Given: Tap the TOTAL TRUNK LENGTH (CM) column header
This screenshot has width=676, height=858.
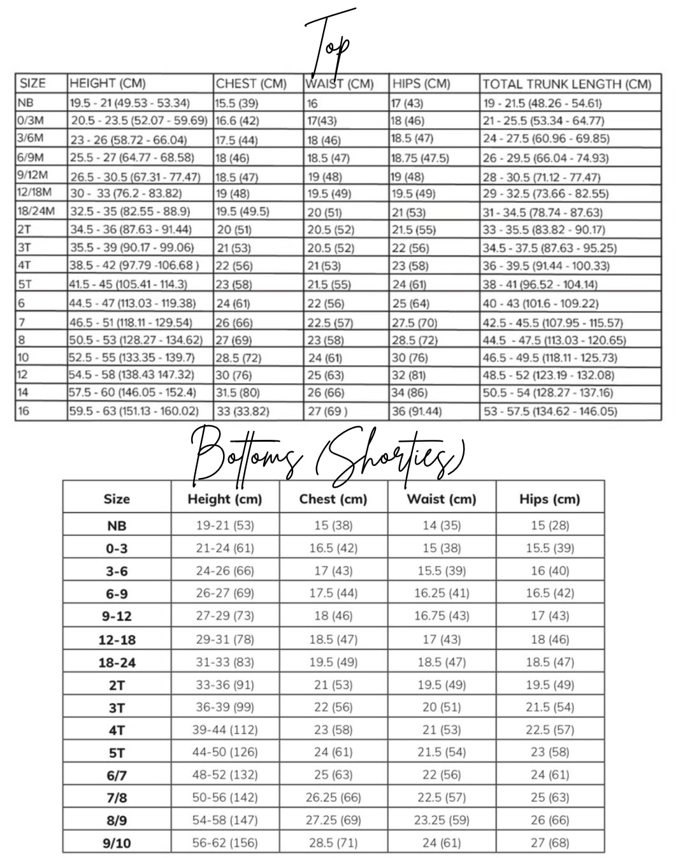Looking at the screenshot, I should click(x=567, y=84).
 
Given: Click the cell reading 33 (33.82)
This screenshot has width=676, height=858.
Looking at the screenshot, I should click(x=242, y=411).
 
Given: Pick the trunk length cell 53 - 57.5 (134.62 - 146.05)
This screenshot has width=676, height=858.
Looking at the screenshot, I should click(x=550, y=411).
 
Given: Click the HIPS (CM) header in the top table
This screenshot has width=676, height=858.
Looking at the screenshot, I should click(x=421, y=84).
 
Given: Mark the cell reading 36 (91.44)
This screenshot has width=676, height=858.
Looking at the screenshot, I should click(x=417, y=411).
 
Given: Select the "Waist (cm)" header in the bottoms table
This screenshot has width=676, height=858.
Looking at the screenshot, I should click(x=442, y=499).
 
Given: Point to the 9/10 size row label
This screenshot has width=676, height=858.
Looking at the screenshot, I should click(x=117, y=843).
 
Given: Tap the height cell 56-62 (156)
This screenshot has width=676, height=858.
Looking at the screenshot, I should click(x=225, y=843).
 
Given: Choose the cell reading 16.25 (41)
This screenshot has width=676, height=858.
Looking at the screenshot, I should click(x=442, y=593).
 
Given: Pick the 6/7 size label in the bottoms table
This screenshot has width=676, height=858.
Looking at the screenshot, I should click(x=117, y=774).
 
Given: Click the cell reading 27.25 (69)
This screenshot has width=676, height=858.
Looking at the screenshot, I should click(x=333, y=820).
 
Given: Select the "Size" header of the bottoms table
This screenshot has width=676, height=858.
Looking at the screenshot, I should click(x=117, y=499).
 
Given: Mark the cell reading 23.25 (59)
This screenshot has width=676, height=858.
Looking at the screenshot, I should click(x=442, y=820).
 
